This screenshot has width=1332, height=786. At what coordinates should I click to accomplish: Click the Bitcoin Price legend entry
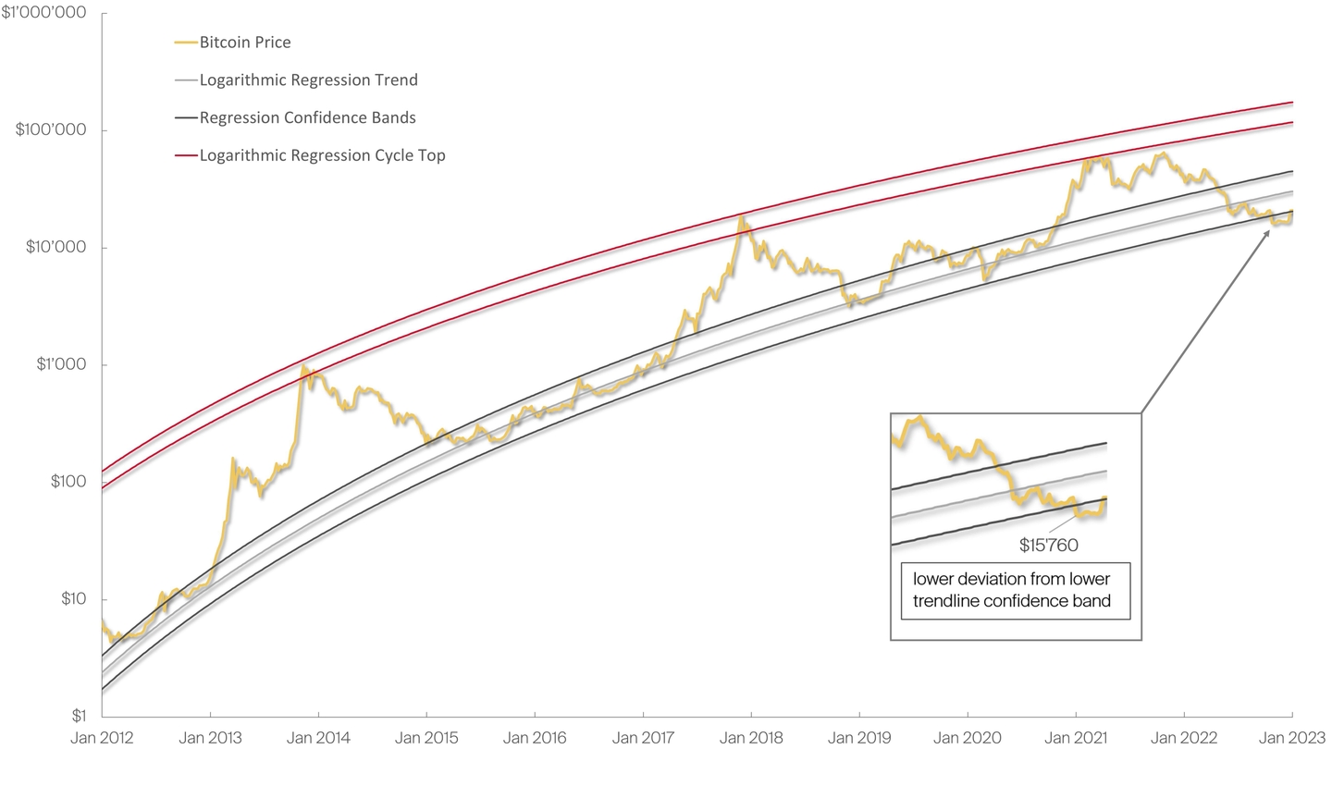244,43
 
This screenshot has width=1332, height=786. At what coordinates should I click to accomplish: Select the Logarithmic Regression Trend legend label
308,80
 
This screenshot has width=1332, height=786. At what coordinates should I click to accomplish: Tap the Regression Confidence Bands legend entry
307,117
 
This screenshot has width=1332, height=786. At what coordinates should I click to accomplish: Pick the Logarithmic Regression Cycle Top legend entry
322,155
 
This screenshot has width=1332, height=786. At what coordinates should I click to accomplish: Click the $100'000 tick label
51,130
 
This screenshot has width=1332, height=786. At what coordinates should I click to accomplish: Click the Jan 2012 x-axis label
102,738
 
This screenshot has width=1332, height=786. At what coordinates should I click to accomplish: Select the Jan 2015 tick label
426,738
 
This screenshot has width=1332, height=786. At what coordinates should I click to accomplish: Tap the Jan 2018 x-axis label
751,738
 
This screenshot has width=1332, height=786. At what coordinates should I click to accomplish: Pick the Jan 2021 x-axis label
1076,738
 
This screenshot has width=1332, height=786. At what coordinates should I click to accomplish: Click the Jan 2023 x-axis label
1291,738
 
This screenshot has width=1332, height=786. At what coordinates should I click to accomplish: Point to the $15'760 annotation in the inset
1049,546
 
